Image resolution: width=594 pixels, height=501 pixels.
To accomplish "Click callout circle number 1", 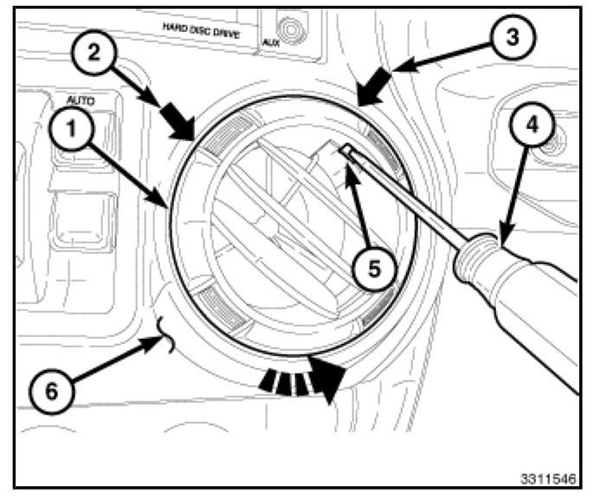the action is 72,128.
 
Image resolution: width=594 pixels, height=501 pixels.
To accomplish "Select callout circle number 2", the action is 94,52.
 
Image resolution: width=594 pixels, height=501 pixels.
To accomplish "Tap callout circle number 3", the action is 513,37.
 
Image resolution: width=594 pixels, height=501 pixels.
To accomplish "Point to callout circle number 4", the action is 532,124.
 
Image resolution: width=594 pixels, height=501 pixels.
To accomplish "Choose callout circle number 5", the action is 374,269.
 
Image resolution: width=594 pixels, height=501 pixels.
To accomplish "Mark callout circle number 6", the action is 52,391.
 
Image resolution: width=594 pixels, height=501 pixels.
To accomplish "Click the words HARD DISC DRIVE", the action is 201,30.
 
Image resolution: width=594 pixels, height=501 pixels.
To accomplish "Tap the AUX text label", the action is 270,42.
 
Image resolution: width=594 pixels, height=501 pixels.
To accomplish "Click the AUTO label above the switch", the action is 81,101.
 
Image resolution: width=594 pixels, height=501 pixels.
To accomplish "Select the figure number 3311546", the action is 548,478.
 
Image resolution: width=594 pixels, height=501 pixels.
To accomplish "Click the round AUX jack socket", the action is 290,30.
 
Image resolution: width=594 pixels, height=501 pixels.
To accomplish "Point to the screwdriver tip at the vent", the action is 344,149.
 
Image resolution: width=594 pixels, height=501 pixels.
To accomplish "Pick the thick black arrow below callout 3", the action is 374,87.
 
